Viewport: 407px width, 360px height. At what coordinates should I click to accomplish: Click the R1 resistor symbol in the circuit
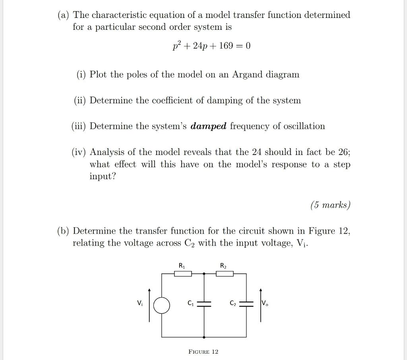[x=183, y=273]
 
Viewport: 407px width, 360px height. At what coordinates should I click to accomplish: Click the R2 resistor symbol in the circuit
[x=225, y=273]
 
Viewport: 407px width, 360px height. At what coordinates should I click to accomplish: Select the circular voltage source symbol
[x=162, y=306]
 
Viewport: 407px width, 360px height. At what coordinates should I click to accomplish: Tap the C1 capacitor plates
[x=204, y=304]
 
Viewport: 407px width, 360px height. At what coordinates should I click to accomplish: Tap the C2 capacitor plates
[x=246, y=304]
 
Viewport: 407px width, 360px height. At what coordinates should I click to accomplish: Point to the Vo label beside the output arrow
[x=265, y=304]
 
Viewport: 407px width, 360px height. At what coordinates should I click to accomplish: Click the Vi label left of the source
[x=140, y=304]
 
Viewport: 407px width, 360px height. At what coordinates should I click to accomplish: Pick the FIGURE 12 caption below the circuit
[x=203, y=352]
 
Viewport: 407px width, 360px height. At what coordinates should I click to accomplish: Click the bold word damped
[x=208, y=126]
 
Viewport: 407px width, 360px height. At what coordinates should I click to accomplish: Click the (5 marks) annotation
[x=330, y=205]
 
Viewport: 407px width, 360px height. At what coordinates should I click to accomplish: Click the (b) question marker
[x=63, y=231]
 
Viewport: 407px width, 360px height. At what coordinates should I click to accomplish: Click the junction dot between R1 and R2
[x=204, y=273]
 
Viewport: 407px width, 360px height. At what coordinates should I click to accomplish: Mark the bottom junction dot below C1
[x=204, y=337]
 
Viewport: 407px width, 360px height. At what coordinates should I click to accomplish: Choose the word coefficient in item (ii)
[x=172, y=101]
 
